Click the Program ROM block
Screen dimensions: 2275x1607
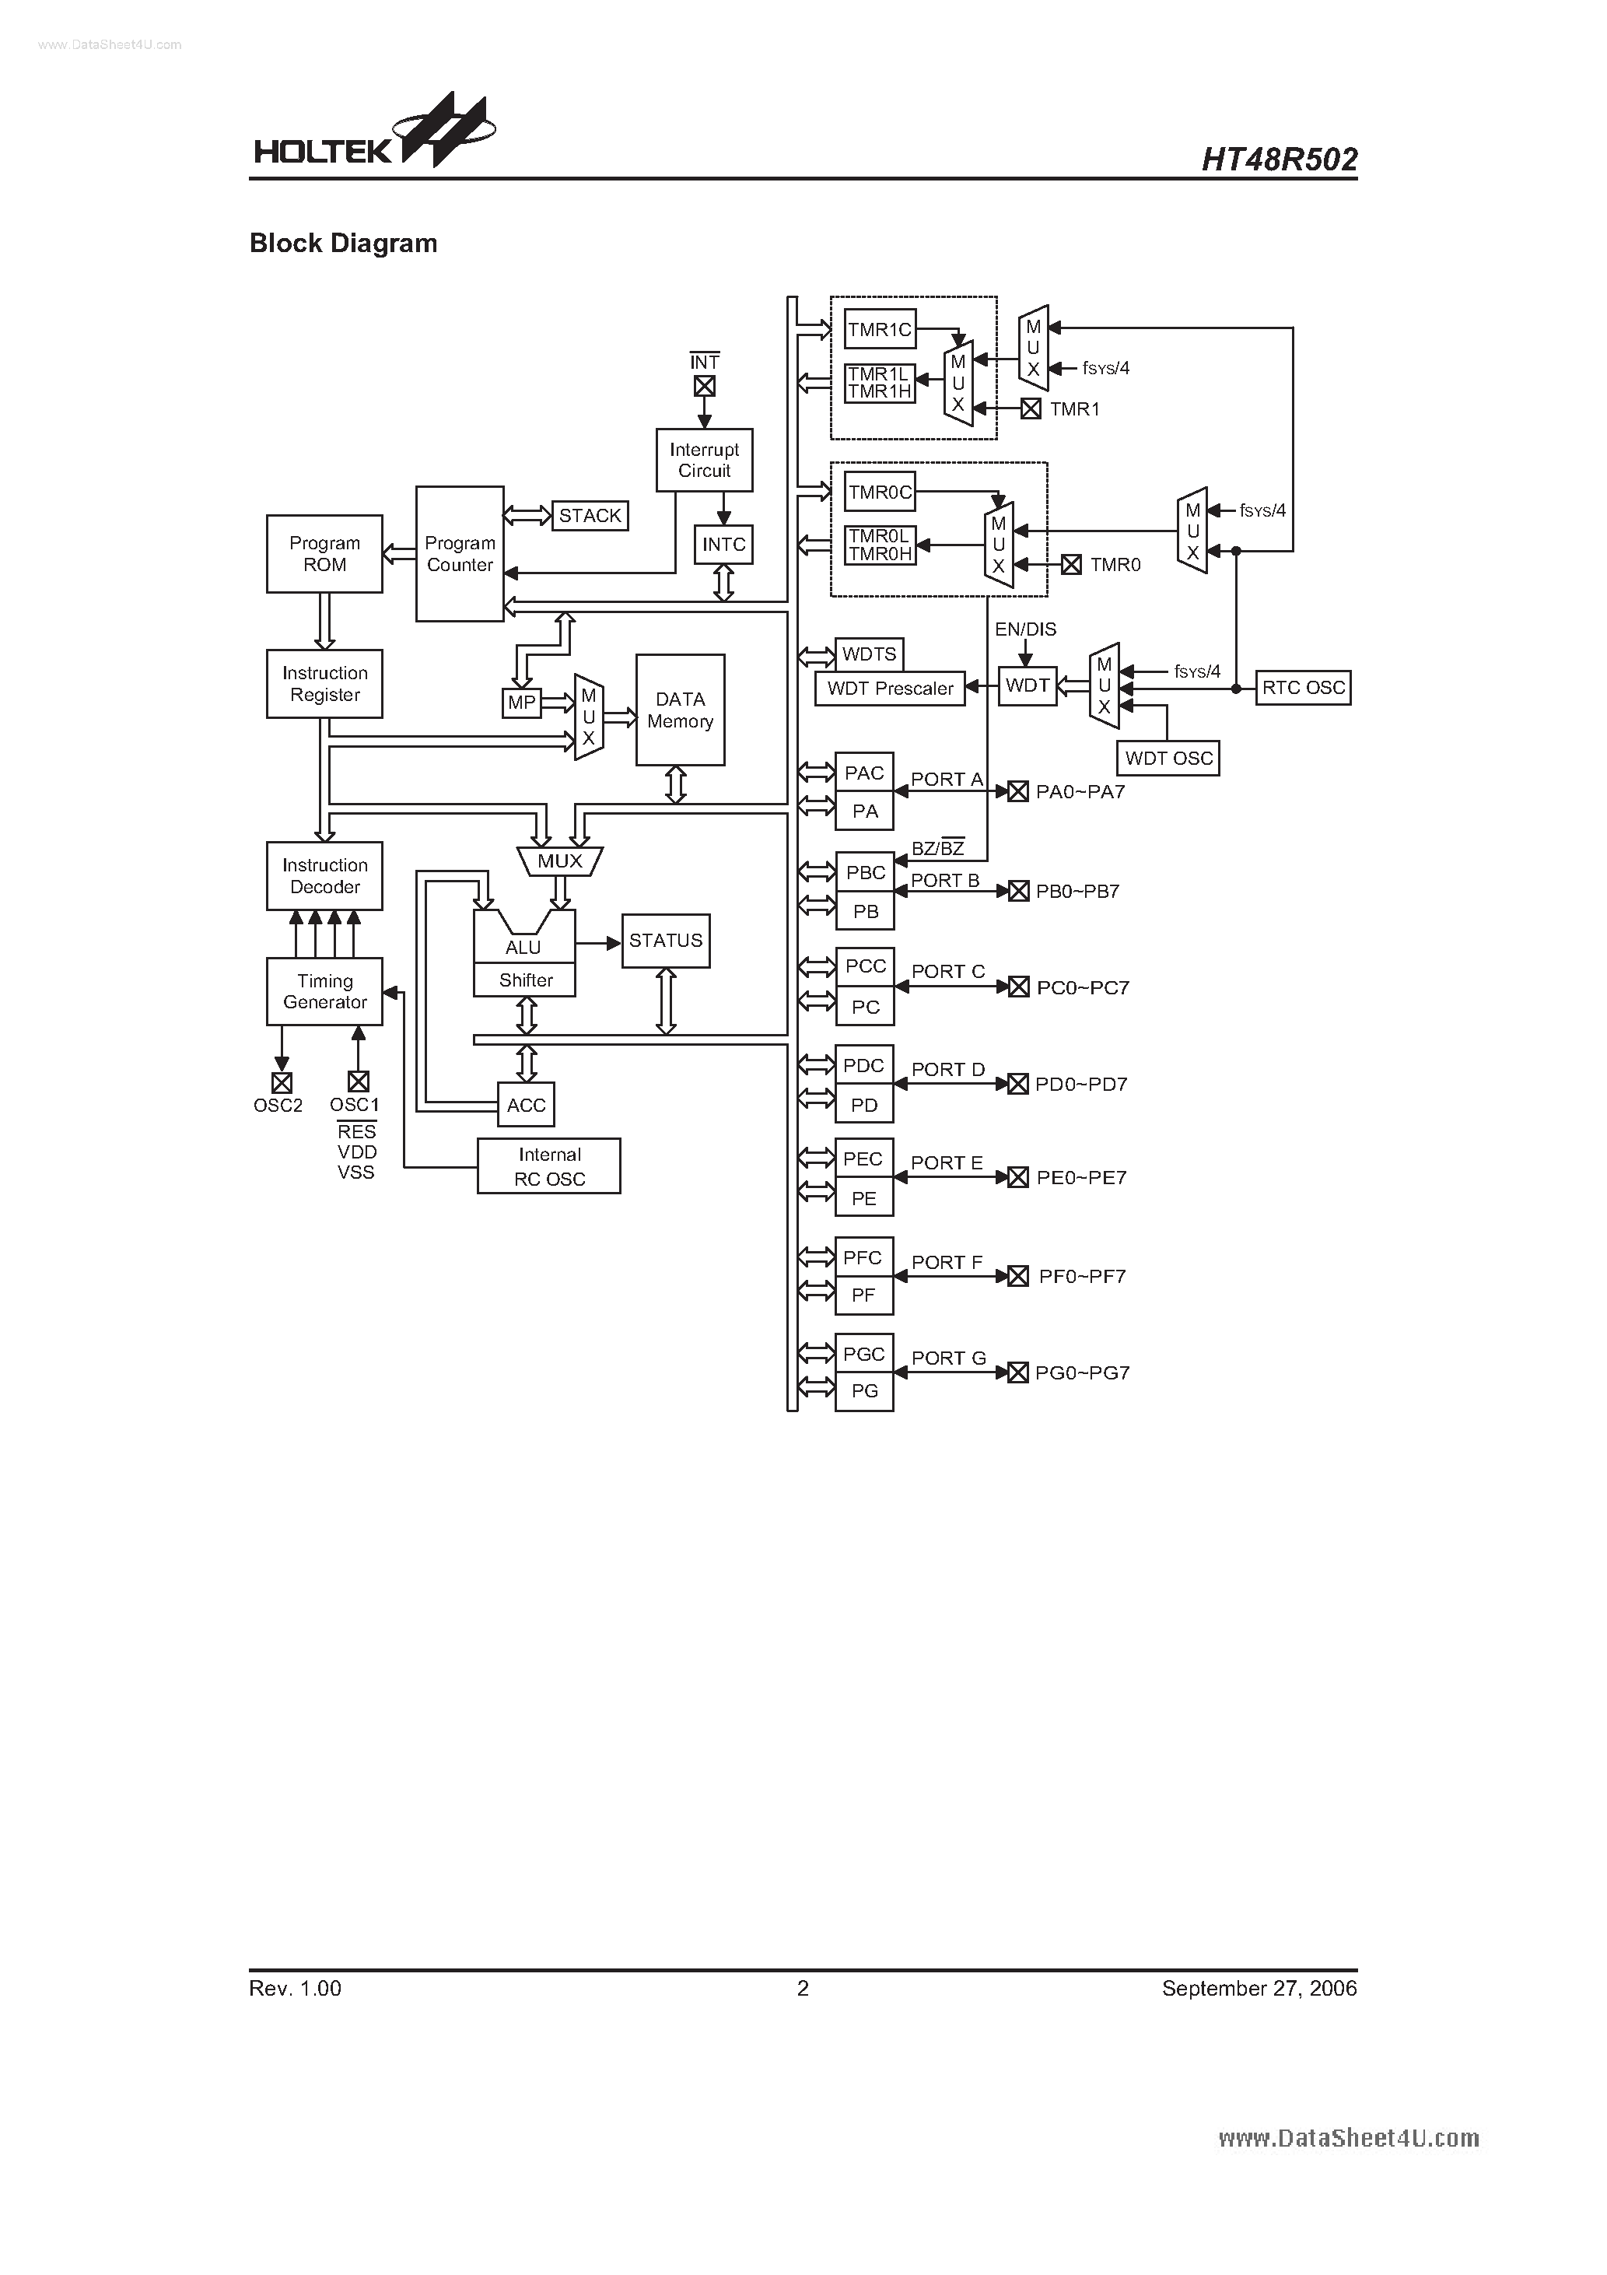point(324,554)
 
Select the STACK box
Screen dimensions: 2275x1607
point(590,515)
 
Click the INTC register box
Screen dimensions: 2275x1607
point(723,544)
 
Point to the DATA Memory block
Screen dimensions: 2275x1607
point(680,710)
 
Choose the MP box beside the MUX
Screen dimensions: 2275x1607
point(521,703)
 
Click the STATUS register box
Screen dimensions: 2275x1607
point(665,941)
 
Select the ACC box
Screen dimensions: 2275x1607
point(526,1105)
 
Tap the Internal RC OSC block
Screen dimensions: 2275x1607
point(549,1166)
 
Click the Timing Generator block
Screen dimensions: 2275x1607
point(324,991)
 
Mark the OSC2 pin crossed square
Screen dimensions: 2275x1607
point(282,1082)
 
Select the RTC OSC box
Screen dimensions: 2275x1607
point(1303,688)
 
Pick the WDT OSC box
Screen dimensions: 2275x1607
point(1168,758)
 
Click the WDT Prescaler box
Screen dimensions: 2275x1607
point(890,689)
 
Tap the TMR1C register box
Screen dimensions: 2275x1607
point(880,329)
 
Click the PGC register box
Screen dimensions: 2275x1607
point(864,1354)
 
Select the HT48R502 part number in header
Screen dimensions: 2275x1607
point(1278,159)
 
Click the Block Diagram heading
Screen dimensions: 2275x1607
point(343,244)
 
